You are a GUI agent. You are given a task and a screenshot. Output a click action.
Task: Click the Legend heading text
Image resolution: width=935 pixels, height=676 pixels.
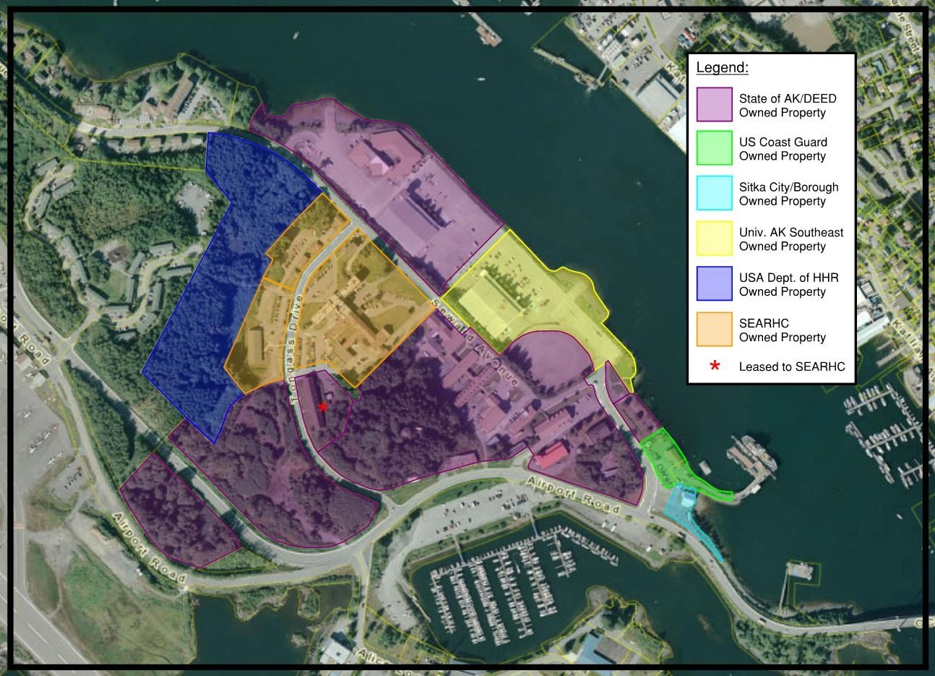click(722, 69)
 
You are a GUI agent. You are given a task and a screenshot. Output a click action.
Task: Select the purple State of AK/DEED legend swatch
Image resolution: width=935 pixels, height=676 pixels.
click(715, 105)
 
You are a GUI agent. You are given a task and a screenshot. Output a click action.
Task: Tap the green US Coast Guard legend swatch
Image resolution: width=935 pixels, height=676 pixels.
click(715, 148)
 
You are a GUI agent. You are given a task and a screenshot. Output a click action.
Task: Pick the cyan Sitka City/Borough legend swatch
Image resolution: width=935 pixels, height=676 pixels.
click(715, 194)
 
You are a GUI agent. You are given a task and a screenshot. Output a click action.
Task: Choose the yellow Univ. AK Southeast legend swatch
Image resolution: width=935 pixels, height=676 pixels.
click(715, 239)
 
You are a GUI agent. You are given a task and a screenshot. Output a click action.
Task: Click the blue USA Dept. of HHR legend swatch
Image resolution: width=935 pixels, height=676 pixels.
click(715, 284)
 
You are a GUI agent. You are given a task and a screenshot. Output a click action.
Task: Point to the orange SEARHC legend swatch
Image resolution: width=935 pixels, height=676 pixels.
click(715, 330)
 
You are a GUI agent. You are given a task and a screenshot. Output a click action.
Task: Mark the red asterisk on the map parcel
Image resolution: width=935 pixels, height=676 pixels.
click(323, 407)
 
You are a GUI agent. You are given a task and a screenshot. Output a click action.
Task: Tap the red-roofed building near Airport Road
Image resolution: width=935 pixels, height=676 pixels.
click(553, 455)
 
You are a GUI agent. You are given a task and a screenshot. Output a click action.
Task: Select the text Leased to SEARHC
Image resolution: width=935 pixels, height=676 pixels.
click(791, 367)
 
